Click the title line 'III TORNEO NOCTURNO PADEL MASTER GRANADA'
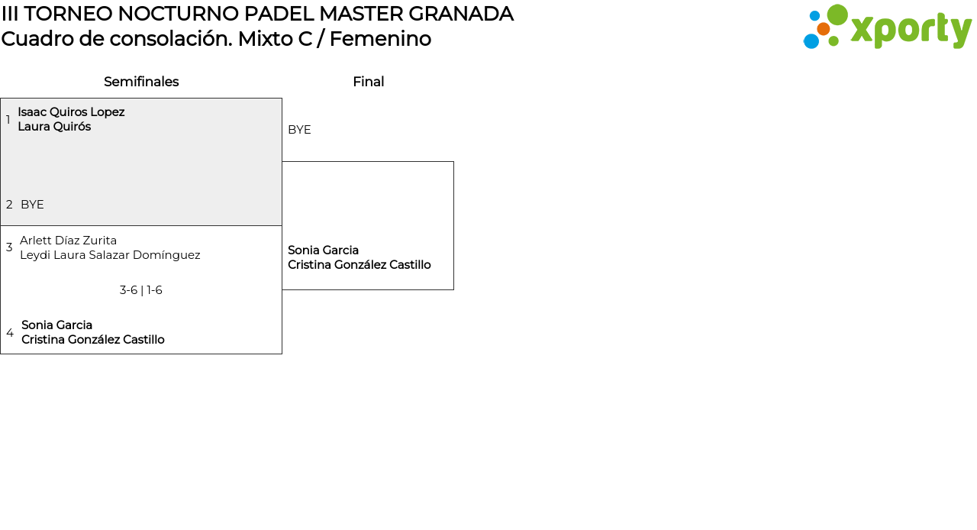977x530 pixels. tap(257, 14)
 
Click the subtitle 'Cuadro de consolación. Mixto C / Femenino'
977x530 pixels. tap(216, 39)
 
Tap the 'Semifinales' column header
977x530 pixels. tap(141, 82)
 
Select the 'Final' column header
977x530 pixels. tap(368, 82)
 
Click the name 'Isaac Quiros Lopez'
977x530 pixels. tap(71, 112)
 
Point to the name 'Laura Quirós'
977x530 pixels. tap(54, 127)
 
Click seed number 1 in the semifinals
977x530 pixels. tap(8, 120)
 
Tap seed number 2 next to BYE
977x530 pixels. tap(9, 205)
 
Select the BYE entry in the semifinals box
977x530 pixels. tap(32, 205)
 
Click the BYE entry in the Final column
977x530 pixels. tap(299, 130)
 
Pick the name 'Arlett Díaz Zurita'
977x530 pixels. tap(68, 241)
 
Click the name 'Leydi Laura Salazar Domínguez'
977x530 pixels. tap(110, 255)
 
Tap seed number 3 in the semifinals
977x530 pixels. tap(9, 247)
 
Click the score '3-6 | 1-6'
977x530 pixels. tap(141, 290)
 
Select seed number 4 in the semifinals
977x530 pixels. tap(10, 333)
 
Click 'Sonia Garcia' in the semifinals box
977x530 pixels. tap(56, 325)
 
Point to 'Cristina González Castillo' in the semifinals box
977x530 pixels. tap(93, 340)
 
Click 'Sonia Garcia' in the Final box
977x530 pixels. tap(323, 250)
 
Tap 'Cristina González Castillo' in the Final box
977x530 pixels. tap(360, 265)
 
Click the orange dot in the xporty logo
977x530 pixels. tap(823, 29)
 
